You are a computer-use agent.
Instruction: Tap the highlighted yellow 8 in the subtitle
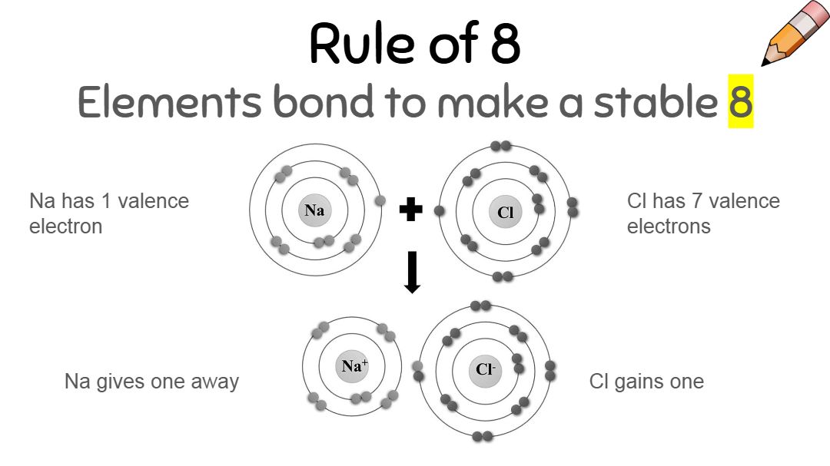[741, 102]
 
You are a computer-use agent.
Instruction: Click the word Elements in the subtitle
[168, 102]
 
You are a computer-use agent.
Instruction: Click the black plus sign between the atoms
[411, 210]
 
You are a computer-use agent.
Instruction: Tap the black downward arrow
[412, 272]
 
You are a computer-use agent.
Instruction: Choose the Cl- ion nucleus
[484, 369]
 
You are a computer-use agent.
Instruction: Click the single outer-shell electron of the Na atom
[380, 201]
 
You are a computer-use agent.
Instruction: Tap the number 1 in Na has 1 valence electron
[105, 201]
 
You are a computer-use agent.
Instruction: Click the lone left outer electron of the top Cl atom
[440, 210]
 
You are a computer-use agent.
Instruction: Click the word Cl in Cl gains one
[599, 382]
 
